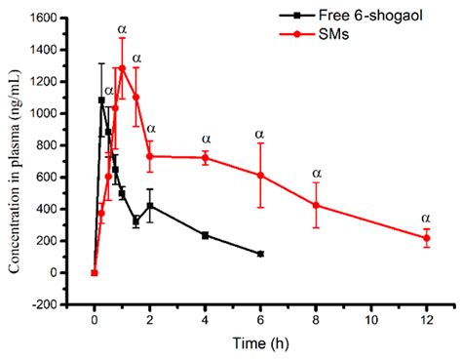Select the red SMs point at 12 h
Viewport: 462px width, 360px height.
[x=426, y=238]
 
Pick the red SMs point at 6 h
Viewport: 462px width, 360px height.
[x=260, y=175]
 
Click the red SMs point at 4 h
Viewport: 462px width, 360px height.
[x=205, y=157]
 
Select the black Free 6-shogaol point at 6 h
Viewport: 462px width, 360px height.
[x=260, y=254]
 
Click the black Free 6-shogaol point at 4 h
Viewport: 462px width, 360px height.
[x=205, y=235]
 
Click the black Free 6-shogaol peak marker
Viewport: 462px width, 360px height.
[x=101, y=100]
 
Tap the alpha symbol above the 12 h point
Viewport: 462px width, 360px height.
[x=426, y=218]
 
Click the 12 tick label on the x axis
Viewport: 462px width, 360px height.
[x=426, y=319]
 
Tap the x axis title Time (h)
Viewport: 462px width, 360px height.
[x=259, y=342]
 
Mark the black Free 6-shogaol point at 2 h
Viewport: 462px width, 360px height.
[x=149, y=206]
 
